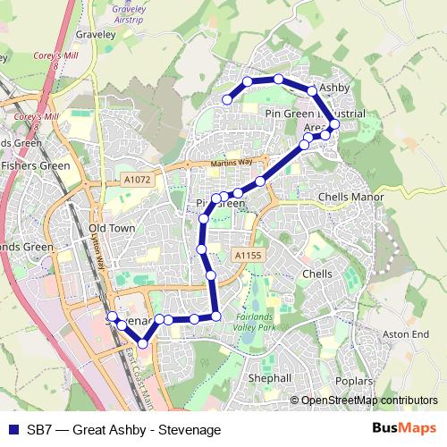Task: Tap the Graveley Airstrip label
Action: pyautogui.click(x=130, y=13)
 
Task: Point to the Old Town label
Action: pyautogui.click(x=112, y=228)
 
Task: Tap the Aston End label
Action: pyautogui.click(x=400, y=333)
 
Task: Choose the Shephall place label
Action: pyautogui.click(x=270, y=378)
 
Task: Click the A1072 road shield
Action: pyautogui.click(x=138, y=180)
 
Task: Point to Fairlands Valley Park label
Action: pyautogui.click(x=261, y=321)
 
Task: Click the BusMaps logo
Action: pyautogui.click(x=404, y=429)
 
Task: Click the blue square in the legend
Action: pyautogui.click(x=12, y=430)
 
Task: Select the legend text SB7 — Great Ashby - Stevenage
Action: pyautogui.click(x=123, y=430)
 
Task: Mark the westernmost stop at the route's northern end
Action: pyautogui.click(x=227, y=100)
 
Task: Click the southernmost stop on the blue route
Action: pyautogui.click(x=142, y=343)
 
